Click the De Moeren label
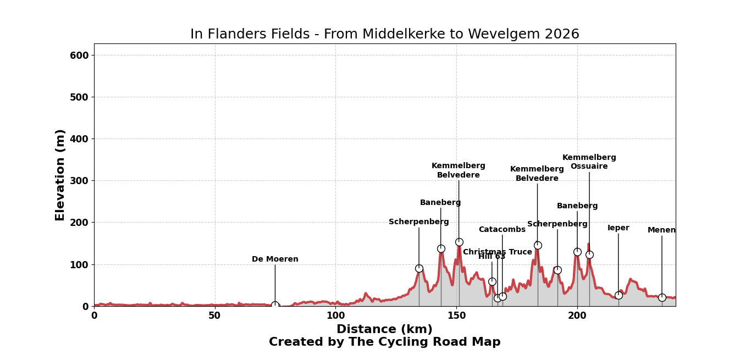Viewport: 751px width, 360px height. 275,259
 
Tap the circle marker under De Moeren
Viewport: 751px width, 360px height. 275,305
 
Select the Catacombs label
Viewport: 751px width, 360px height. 502,230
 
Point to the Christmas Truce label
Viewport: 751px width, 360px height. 498,252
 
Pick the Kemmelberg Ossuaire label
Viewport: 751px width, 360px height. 589,162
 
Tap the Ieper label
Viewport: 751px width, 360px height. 619,228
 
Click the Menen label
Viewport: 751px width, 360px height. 661,230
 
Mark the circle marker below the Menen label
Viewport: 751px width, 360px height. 662,297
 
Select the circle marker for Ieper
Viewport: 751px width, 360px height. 619,295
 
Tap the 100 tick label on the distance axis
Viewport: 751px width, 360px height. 335,316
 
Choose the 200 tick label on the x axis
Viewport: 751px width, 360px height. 577,316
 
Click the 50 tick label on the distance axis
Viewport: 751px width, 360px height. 214,316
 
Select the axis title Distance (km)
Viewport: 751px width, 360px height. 384,330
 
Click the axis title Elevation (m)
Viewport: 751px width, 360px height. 60,175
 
